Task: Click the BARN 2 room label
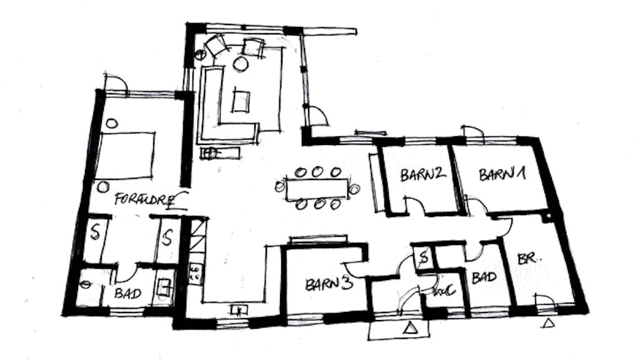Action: click(423, 174)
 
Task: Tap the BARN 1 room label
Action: click(502, 174)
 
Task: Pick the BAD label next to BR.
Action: click(484, 277)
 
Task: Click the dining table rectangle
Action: click(317, 187)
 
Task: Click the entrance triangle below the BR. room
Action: click(549, 323)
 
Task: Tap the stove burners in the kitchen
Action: click(195, 271)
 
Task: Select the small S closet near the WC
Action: click(423, 257)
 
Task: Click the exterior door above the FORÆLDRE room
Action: click(116, 84)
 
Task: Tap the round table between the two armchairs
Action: click(240, 64)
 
